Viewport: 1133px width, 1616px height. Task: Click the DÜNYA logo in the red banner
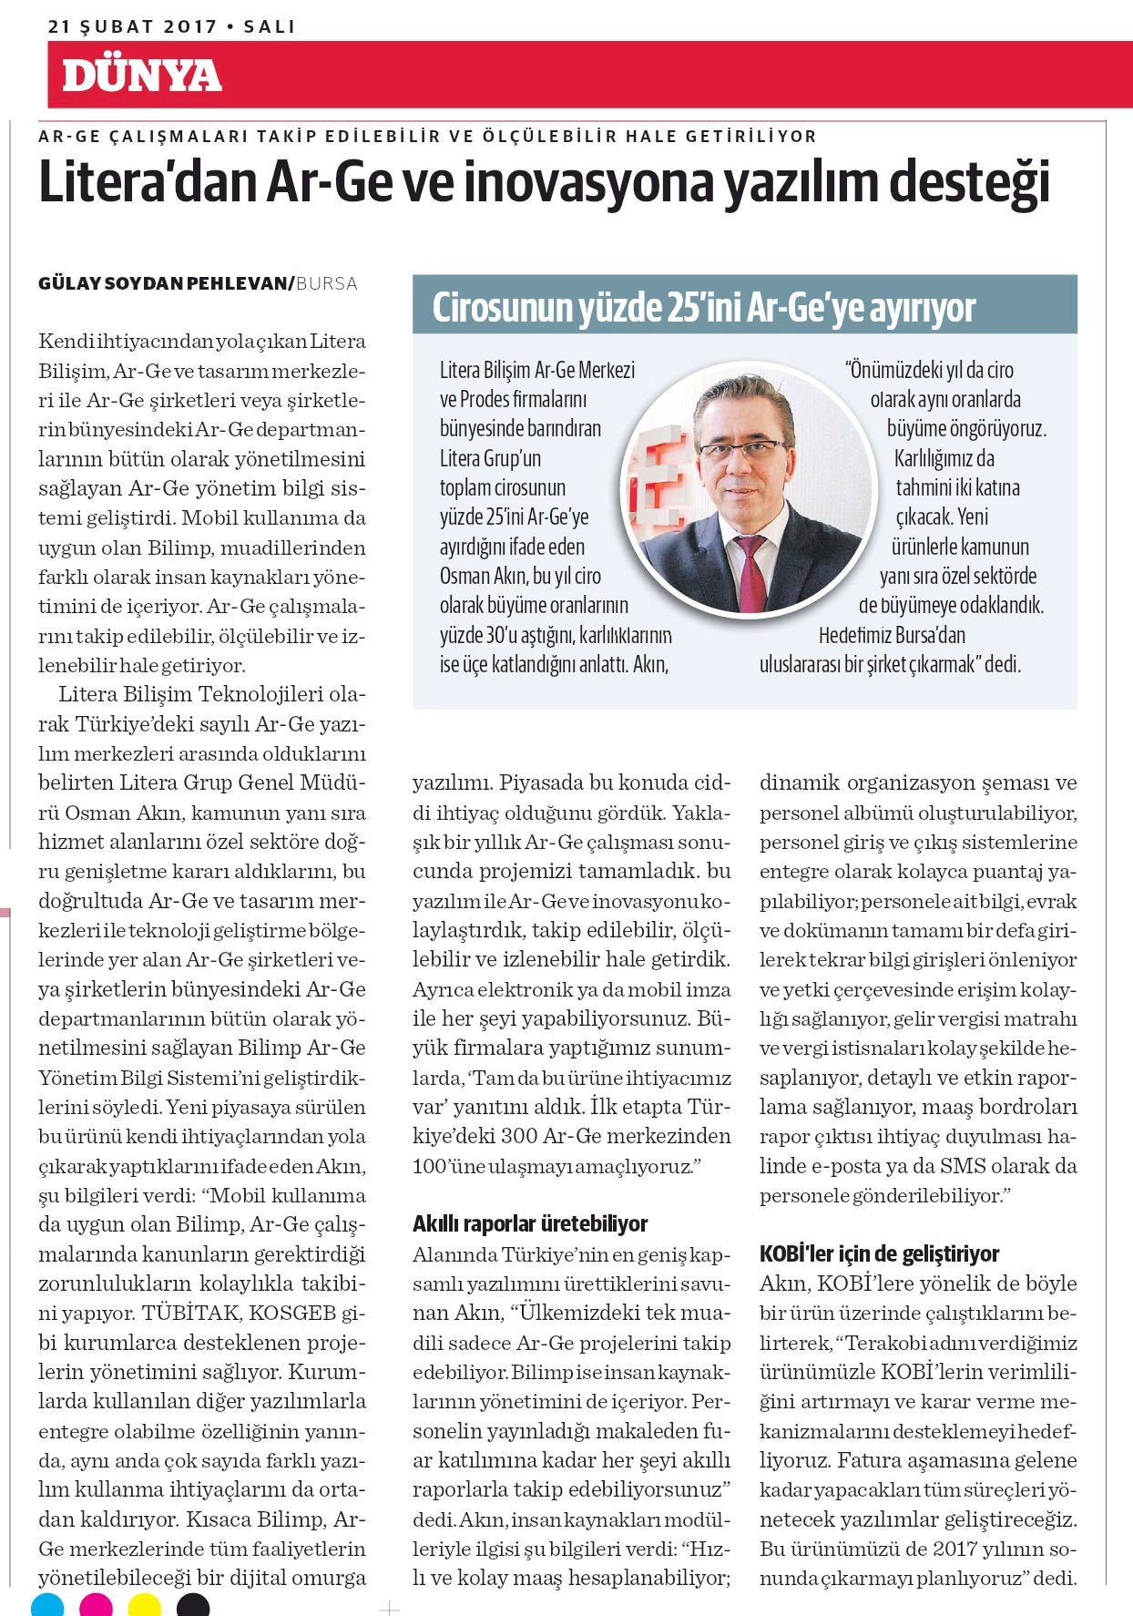[142, 76]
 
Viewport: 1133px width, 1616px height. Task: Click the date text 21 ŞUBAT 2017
[132, 26]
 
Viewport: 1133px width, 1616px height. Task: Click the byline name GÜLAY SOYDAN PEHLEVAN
[163, 283]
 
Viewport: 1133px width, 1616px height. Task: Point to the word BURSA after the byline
[327, 283]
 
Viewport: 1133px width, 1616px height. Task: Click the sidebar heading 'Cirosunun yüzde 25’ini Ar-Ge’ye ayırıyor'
[703, 308]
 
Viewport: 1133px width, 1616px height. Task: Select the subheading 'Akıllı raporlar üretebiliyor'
[530, 1223]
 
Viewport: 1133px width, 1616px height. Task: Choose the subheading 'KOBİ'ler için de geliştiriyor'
[879, 1254]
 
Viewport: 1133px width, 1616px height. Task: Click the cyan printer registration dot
[47, 1605]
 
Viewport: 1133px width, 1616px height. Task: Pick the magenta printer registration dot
[96, 1605]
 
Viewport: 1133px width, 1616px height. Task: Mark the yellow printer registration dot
[145, 1605]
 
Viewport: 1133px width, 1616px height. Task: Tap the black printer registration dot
[193, 1605]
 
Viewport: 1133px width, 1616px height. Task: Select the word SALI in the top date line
[270, 26]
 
